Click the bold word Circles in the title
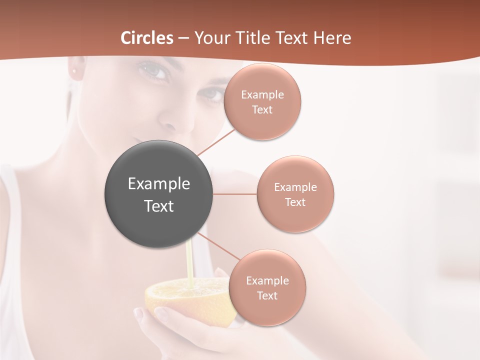pos(147,38)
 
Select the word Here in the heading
pos(332,38)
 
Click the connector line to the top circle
pos(216,142)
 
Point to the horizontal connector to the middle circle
pos(235,194)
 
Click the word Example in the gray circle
pos(159,184)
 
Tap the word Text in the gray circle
pos(159,206)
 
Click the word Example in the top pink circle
pos(262,95)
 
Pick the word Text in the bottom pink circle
pos(267,295)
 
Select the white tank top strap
pos(12,210)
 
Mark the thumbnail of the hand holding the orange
pos(161,312)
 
